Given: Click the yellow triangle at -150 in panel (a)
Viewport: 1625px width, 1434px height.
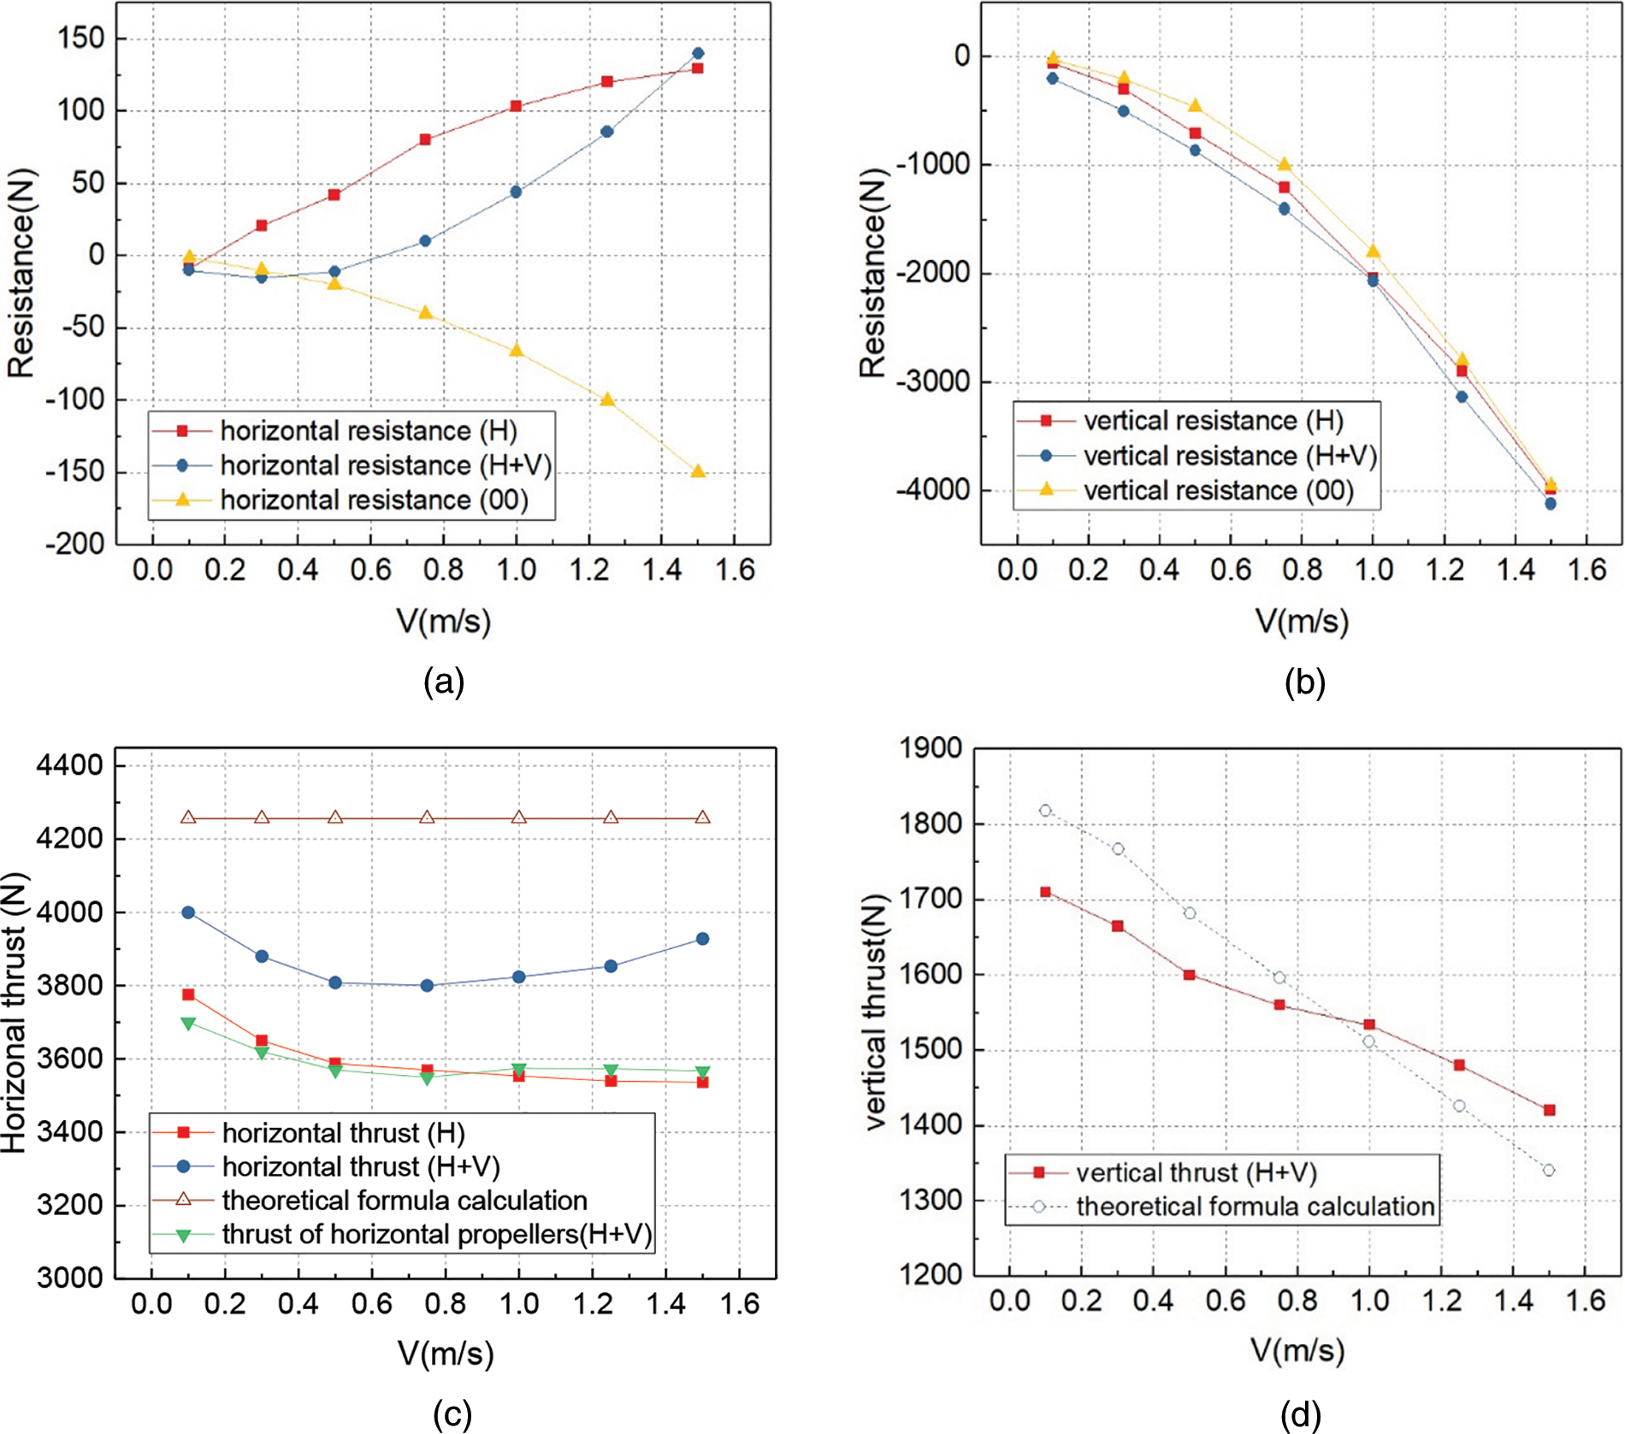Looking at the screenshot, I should tap(698, 471).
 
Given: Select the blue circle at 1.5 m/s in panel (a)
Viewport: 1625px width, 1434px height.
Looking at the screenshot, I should tap(698, 53).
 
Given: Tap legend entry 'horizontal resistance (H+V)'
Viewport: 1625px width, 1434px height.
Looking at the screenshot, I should tap(385, 465).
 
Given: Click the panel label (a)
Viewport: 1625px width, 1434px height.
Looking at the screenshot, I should tap(444, 682).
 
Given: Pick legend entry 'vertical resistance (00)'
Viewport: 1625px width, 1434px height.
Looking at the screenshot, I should tap(1218, 491).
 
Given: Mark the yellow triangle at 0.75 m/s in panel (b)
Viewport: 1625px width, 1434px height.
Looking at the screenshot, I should tap(1284, 163).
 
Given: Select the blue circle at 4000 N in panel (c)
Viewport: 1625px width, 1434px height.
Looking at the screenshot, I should tap(188, 912).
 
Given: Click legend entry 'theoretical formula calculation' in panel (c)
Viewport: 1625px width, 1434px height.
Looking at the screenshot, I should tap(404, 1200).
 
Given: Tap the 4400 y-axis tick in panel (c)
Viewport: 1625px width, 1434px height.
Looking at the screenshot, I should tap(70, 765).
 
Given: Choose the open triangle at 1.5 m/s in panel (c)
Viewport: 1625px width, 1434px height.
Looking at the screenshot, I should tap(702, 817).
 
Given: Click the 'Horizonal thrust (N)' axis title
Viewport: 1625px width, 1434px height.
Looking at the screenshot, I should tap(15, 1012).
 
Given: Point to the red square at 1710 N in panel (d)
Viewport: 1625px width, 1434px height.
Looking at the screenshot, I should tap(1045, 892).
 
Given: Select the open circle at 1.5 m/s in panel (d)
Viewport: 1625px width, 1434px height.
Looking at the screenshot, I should tap(1549, 1170).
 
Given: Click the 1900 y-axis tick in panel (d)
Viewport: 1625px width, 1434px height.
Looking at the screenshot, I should tap(931, 748).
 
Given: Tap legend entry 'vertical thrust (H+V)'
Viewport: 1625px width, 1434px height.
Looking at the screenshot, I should tap(1196, 1172).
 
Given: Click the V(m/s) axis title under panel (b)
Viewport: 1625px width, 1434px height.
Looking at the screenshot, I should tap(1301, 621).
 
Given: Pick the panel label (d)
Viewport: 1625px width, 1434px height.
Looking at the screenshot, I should tap(1300, 1414).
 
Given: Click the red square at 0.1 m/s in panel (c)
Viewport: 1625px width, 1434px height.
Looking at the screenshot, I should tap(188, 994).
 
